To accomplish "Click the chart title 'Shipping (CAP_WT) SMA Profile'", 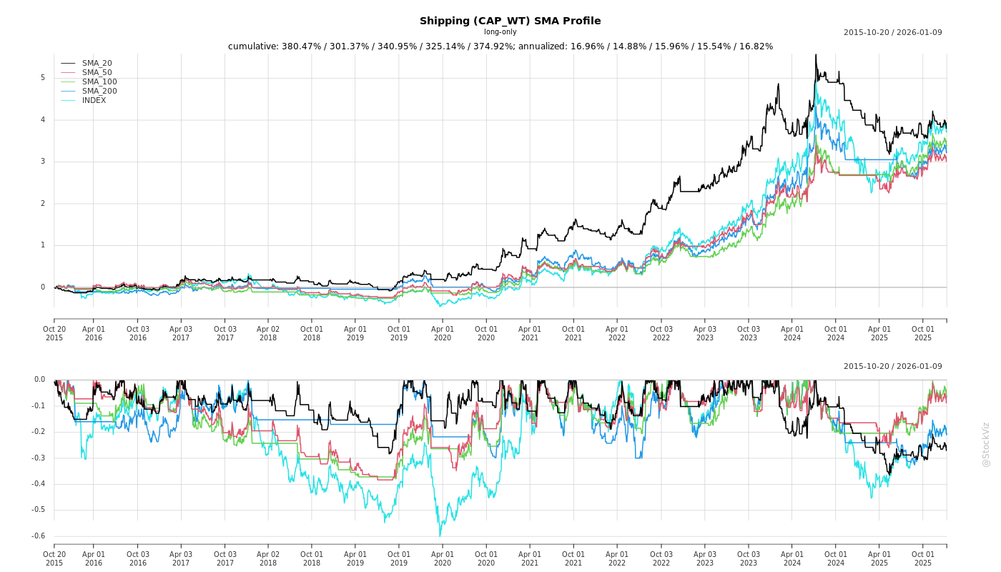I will [510, 21].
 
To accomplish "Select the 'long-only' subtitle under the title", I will [500, 32].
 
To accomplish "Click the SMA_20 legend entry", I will [97, 64].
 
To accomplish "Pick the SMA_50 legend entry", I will [97, 73].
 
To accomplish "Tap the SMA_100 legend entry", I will [99, 82].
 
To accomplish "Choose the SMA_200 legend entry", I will [99, 92].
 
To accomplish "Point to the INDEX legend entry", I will [94, 101].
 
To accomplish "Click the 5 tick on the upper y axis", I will [42, 78].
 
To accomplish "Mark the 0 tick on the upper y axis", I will [42, 287].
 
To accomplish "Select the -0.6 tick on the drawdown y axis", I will [39, 536].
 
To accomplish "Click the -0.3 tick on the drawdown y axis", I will [39, 458].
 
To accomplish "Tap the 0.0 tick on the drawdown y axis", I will [39, 380].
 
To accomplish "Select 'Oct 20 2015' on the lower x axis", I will [54, 558].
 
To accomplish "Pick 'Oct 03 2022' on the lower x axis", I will [661, 558].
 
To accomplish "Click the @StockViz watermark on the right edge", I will [986, 444].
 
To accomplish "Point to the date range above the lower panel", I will [892, 367].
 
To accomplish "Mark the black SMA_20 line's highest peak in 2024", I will [815, 54].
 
